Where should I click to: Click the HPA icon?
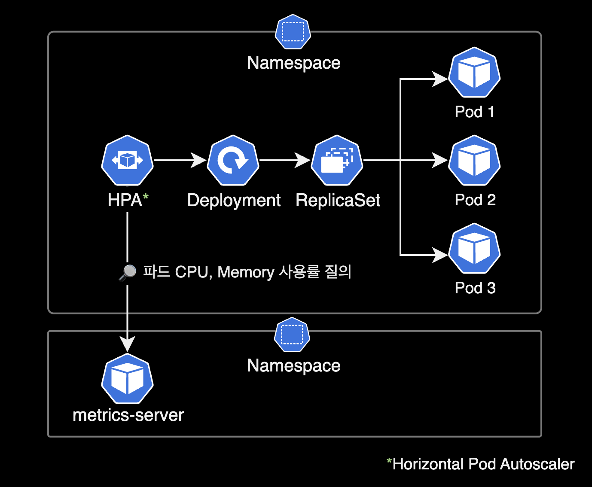pyautogui.click(x=127, y=160)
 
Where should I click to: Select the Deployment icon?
pyautogui.click(x=233, y=160)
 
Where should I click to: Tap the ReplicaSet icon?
pyautogui.click(x=337, y=160)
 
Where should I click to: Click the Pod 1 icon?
pyautogui.click(x=474, y=73)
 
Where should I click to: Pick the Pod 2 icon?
pyautogui.click(x=474, y=161)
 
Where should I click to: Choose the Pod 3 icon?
pyautogui.click(x=474, y=249)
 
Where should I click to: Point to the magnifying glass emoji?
pyautogui.click(x=128, y=272)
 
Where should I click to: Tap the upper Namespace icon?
pyautogui.click(x=293, y=32)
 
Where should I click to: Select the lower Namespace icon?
pyautogui.click(x=292, y=335)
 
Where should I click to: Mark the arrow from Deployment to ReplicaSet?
pyautogui.click(x=284, y=160)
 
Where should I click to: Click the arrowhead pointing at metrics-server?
pyautogui.click(x=128, y=344)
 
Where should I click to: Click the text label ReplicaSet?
pyautogui.click(x=338, y=200)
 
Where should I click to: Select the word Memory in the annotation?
pyautogui.click(x=246, y=272)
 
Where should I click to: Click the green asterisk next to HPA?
pyautogui.click(x=146, y=197)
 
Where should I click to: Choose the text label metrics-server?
pyautogui.click(x=128, y=415)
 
